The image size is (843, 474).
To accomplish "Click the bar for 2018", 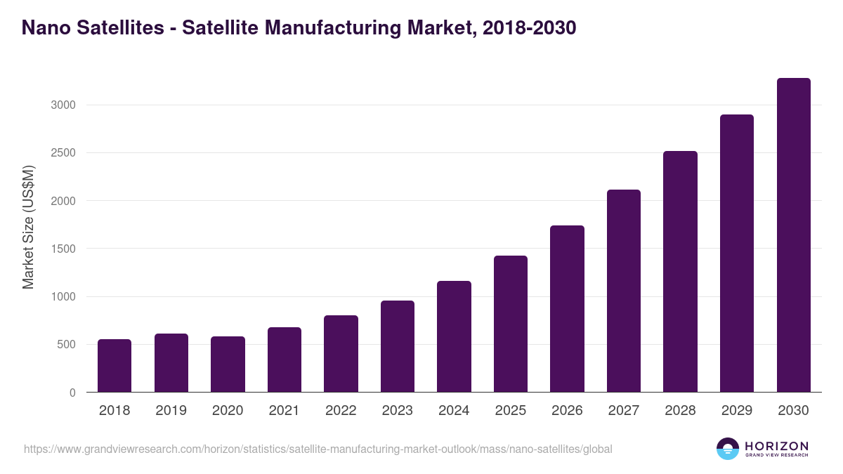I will tap(115, 366).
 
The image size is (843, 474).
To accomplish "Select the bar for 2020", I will tap(228, 364).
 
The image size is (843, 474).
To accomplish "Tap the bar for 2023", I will tap(398, 346).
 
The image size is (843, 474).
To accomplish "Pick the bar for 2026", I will tap(567, 309).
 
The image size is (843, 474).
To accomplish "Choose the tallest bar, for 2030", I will tap(793, 235).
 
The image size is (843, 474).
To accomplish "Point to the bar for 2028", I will tap(680, 272).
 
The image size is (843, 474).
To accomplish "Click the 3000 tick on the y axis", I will tap(63, 105).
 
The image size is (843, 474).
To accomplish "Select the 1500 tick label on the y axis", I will tap(63, 249).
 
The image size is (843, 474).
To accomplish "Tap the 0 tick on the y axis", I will tap(72, 393).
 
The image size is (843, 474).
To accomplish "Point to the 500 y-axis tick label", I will tap(66, 345).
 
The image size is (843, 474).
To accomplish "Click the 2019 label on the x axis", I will tap(171, 411).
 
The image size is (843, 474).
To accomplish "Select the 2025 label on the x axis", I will tap(510, 411).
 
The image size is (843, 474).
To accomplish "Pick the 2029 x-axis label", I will tap(736, 411).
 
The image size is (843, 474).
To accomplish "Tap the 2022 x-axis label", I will tap(341, 411).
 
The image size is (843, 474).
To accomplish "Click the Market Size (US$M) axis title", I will tap(28, 227).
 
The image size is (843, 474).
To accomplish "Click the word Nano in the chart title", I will tap(44, 28).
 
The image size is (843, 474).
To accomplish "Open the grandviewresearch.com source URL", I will tap(318, 449).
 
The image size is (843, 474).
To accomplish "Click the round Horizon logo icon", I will tap(727, 449).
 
